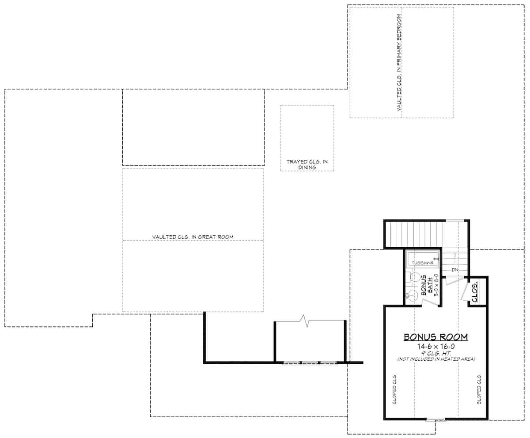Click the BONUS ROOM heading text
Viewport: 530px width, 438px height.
click(435, 337)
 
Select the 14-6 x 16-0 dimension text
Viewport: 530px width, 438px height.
click(435, 347)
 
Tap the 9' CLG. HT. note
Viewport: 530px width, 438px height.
click(435, 353)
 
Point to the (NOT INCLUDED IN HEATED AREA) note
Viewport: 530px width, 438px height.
click(435, 359)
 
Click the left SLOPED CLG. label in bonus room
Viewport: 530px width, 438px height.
click(394, 389)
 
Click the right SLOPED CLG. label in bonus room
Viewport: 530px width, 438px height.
click(478, 389)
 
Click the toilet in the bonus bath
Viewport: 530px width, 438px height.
click(414, 278)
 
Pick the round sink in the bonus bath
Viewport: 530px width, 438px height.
click(413, 294)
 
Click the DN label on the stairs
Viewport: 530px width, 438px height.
click(454, 269)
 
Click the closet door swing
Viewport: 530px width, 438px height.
click(464, 292)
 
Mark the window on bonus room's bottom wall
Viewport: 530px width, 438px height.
click(435, 420)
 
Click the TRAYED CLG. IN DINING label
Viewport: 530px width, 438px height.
click(307, 164)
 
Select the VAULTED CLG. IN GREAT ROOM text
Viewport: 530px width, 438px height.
click(193, 237)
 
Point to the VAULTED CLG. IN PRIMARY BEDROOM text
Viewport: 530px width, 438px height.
click(399, 63)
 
